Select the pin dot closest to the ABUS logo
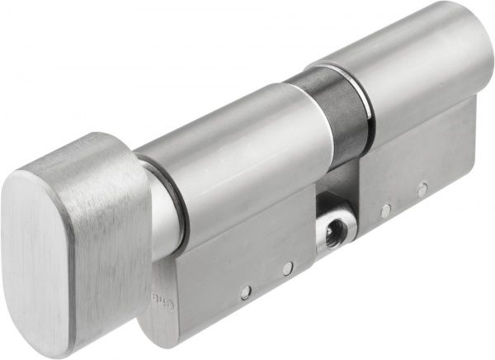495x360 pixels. (245, 291)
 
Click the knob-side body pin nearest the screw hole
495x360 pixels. (286, 268)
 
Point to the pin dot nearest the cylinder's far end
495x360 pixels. (422, 191)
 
